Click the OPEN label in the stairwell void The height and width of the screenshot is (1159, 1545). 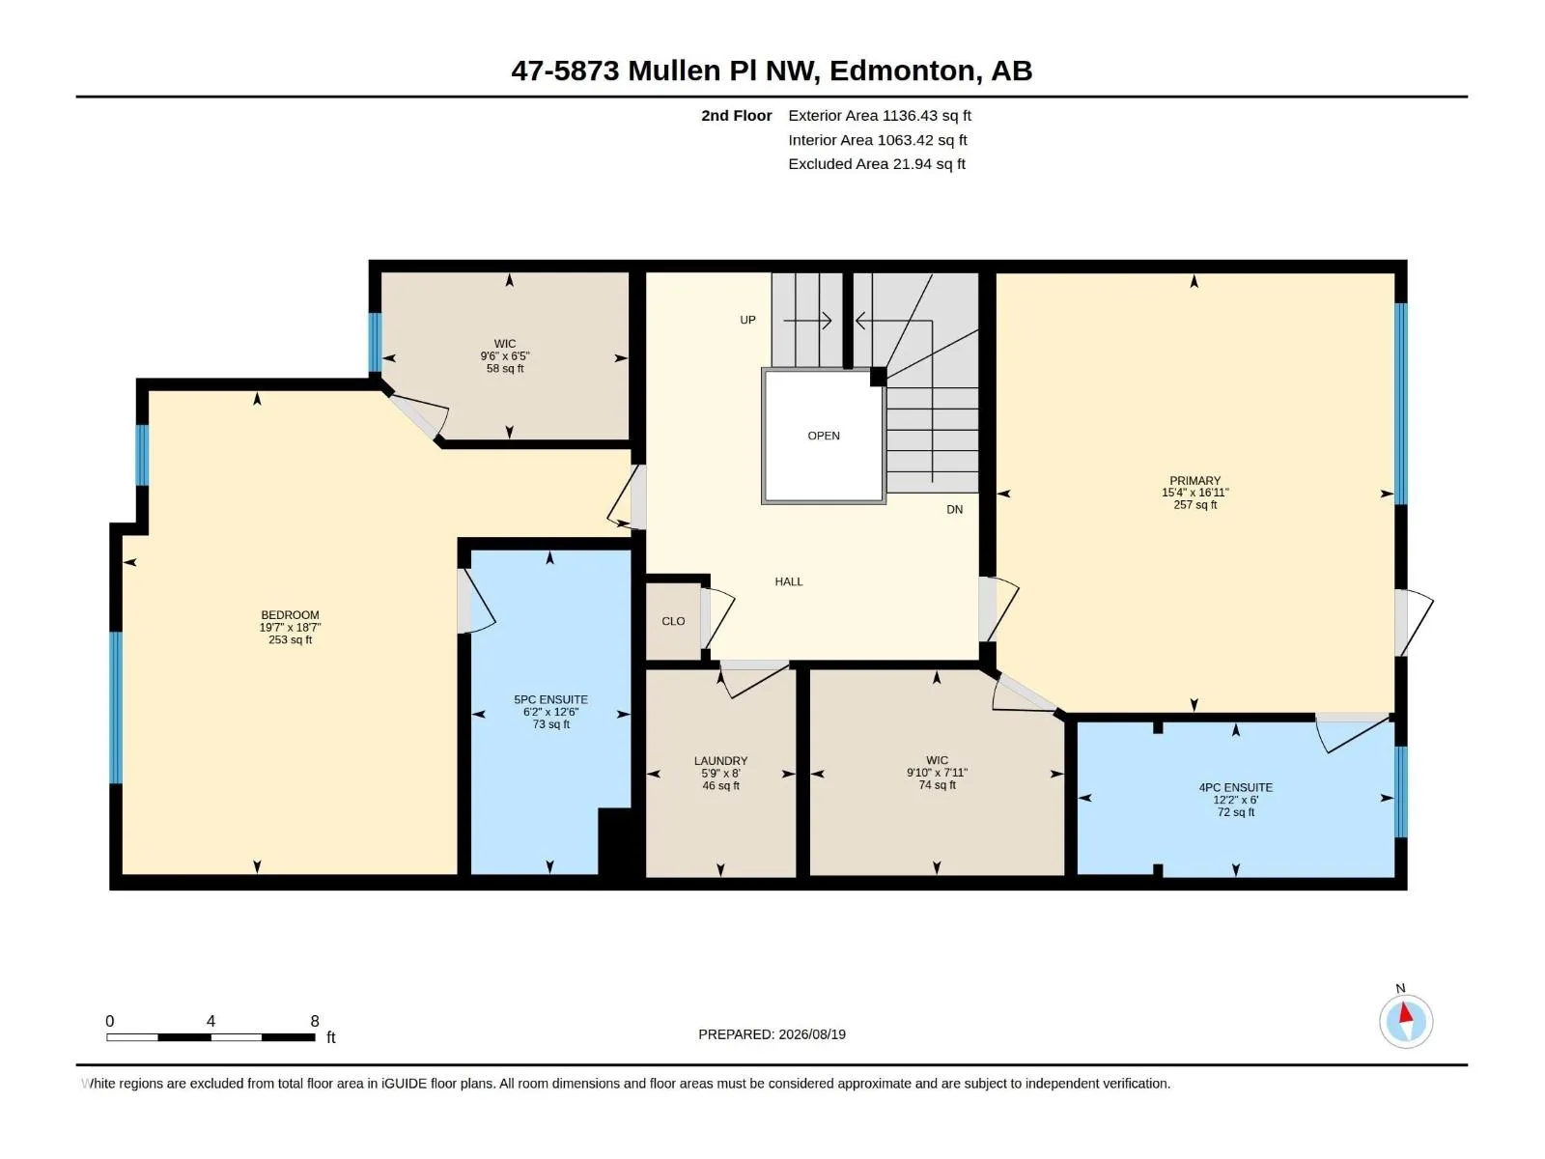pyautogui.click(x=824, y=436)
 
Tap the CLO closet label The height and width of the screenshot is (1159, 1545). pyautogui.click(x=673, y=621)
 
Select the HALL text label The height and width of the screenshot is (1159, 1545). pyautogui.click(x=788, y=581)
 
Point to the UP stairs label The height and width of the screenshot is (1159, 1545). pyautogui.click(x=747, y=320)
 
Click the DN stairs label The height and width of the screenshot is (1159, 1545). pyautogui.click(x=954, y=509)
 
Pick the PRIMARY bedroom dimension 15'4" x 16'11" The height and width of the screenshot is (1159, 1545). pyautogui.click(x=1194, y=493)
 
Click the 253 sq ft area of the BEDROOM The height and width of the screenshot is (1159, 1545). pyautogui.click(x=290, y=639)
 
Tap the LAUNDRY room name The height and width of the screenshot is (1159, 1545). pyautogui.click(x=720, y=761)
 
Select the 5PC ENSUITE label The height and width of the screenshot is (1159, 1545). pyautogui.click(x=550, y=699)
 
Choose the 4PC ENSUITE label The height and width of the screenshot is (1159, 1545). pyautogui.click(x=1235, y=787)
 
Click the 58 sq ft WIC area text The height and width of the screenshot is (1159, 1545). pyautogui.click(x=505, y=368)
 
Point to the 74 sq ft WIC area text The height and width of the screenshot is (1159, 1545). pyautogui.click(x=937, y=784)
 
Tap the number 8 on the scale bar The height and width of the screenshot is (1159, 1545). pyautogui.click(x=315, y=1020)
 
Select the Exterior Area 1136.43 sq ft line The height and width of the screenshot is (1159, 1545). pyautogui.click(x=879, y=115)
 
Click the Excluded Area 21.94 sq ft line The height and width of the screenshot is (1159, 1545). pyautogui.click(x=877, y=164)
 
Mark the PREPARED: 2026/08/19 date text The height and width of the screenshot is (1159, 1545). pyautogui.click(x=772, y=1034)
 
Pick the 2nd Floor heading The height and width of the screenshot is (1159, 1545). pyautogui.click(x=736, y=115)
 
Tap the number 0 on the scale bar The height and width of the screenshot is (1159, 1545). pyautogui.click(x=110, y=1020)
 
